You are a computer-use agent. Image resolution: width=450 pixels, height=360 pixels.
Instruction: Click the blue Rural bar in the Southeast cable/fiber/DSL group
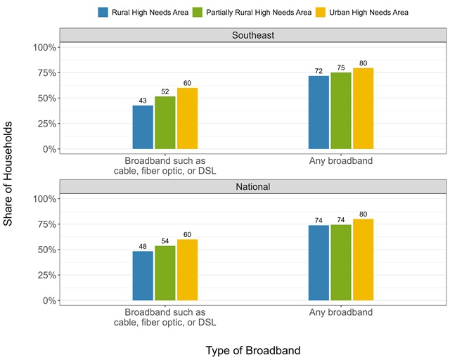(143, 127)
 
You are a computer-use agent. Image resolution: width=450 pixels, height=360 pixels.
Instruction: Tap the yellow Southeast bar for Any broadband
(364, 108)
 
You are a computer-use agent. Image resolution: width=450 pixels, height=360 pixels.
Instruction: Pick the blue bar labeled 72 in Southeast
(319, 112)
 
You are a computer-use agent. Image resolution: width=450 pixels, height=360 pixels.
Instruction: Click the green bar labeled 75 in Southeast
(341, 110)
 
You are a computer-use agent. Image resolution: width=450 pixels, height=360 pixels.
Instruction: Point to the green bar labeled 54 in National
(165, 273)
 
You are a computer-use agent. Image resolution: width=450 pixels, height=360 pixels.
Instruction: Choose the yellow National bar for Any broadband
(364, 259)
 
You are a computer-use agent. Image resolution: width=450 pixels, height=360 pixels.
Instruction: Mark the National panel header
(253, 187)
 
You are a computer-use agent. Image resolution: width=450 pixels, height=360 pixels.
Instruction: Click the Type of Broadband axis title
(253, 349)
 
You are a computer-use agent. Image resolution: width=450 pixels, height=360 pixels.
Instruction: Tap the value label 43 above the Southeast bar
(143, 101)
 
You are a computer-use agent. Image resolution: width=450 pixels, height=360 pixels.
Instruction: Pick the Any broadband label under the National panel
(341, 312)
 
